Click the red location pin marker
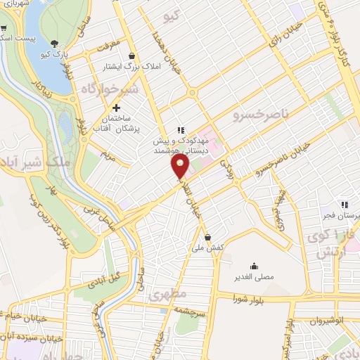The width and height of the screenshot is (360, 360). coord(181,166)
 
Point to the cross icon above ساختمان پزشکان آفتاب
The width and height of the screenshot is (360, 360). coord(117,107)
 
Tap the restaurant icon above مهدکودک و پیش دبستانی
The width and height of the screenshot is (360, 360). coord(180,130)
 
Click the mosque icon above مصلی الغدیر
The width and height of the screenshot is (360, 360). coord(253,266)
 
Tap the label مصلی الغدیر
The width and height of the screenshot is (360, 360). coord(253,277)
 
